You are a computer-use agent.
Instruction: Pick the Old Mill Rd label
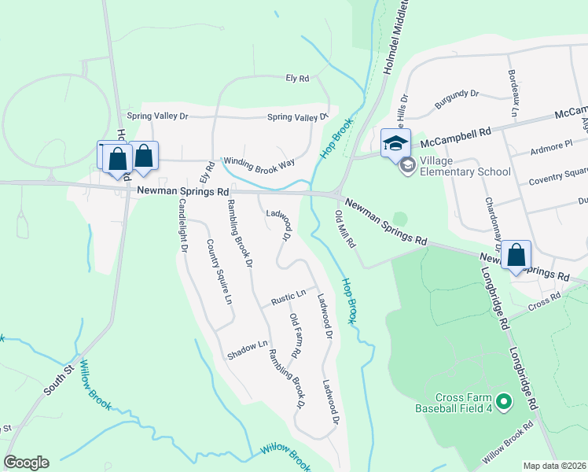click(347, 228)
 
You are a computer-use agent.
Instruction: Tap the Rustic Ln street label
click(288, 297)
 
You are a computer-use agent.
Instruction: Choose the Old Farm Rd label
click(296, 337)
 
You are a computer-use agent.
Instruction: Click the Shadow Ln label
click(248, 350)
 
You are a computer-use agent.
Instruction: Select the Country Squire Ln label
click(219, 271)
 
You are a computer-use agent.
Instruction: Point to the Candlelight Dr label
click(182, 224)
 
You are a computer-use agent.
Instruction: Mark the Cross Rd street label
click(543, 300)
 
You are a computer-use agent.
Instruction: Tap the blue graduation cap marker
click(395, 143)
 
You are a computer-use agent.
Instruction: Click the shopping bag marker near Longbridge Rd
click(516, 255)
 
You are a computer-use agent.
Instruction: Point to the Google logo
click(26, 463)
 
